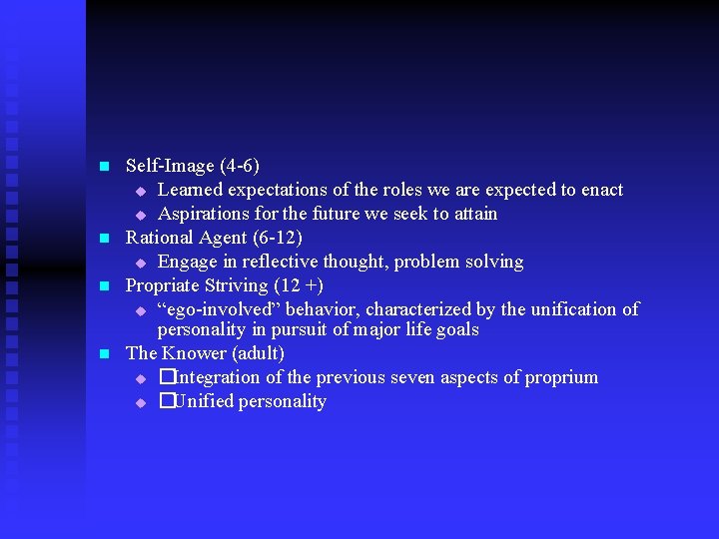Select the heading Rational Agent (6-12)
click(214, 238)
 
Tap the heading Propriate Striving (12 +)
click(225, 285)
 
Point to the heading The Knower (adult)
click(205, 353)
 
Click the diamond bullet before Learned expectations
click(141, 191)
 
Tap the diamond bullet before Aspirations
click(141, 215)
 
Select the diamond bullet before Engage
click(141, 263)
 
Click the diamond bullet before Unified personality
click(141, 402)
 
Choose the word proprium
click(559, 377)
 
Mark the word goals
click(455, 329)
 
